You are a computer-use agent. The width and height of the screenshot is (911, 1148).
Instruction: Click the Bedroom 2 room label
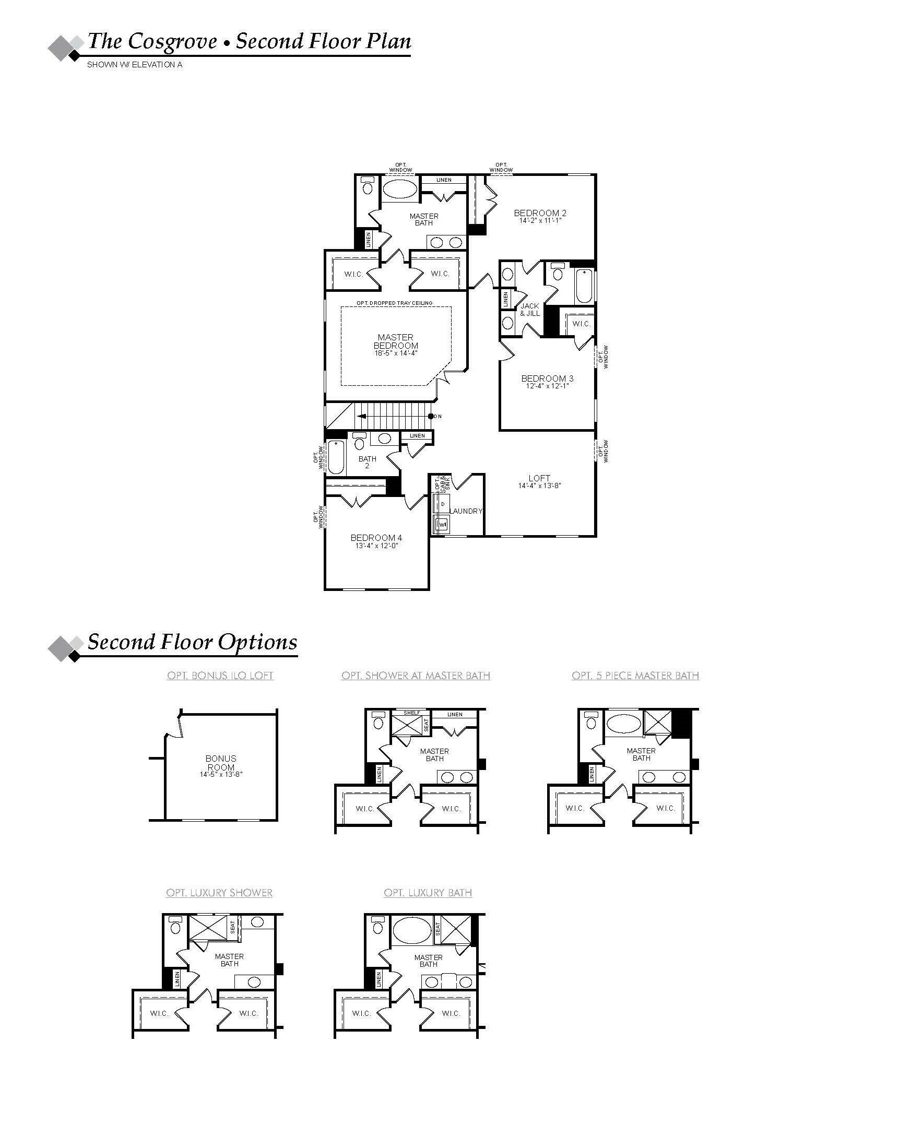coord(539,213)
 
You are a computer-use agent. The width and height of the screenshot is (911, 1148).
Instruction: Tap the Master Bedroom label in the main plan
coord(396,341)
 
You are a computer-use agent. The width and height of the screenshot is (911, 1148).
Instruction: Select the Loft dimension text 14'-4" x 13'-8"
coord(539,486)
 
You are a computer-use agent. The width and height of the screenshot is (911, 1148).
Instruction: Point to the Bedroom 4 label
coord(376,538)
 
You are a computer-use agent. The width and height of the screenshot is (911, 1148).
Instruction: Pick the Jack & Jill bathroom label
coord(530,310)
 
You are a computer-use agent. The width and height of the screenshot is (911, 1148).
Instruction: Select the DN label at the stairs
coord(437,417)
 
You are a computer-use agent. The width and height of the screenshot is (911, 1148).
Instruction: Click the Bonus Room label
coord(221,763)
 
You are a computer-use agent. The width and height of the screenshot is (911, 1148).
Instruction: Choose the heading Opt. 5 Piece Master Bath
coord(635,676)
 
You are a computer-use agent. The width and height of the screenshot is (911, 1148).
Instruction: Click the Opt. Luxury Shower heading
coord(219,893)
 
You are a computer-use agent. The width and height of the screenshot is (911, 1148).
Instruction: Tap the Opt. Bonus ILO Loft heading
coord(220,676)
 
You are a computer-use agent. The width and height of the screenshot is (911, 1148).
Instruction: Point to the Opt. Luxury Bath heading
coord(428,893)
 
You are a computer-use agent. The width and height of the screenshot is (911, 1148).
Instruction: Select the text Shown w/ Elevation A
coord(135,65)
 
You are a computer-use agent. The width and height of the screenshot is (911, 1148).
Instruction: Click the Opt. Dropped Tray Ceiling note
coord(395,303)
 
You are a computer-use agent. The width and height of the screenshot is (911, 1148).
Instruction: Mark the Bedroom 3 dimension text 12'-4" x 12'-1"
coord(547,386)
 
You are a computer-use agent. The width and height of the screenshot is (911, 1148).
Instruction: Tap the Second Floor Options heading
coord(192,642)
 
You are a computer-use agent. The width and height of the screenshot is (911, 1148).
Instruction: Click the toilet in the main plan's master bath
coord(368,187)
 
